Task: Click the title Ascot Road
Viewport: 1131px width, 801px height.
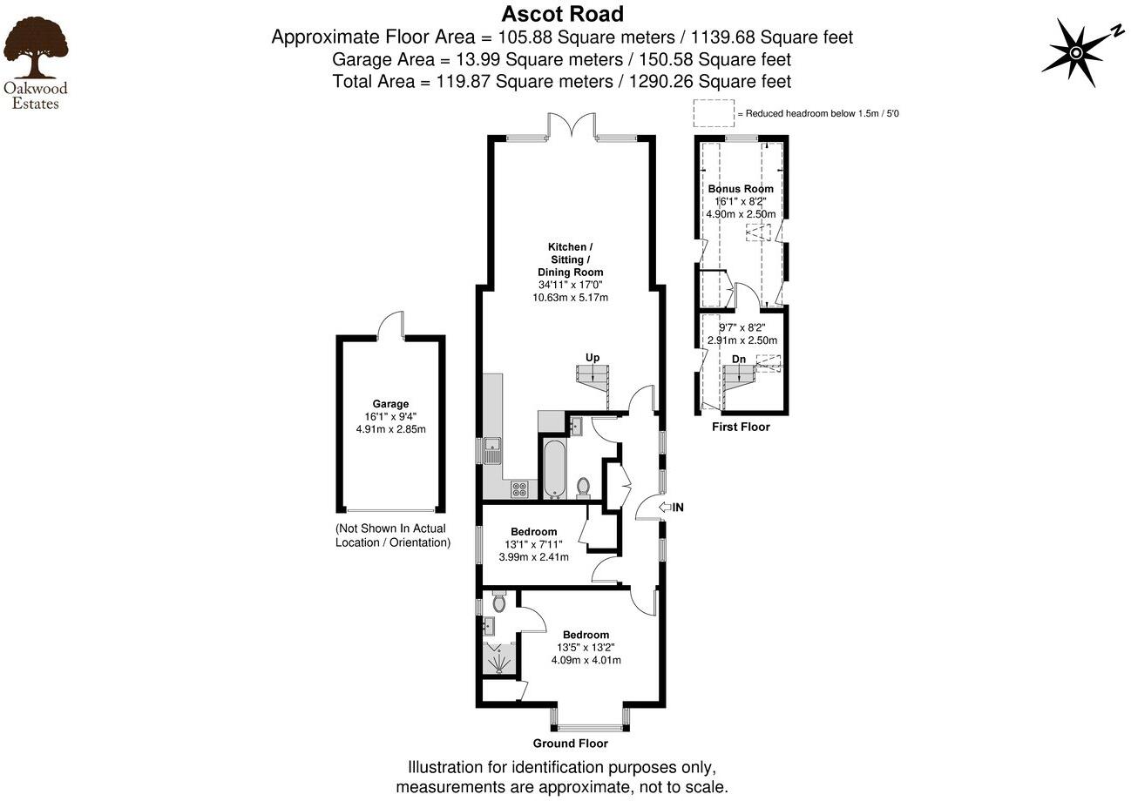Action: [562, 14]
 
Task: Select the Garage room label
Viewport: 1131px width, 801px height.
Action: [390, 404]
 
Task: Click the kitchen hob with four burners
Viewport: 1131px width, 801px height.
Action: [519, 488]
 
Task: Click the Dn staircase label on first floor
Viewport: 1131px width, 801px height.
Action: [738, 359]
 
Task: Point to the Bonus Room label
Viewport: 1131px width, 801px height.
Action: [741, 189]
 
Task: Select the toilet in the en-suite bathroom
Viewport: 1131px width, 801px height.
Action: [499, 602]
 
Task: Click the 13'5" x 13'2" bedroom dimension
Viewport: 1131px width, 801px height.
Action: [586, 648]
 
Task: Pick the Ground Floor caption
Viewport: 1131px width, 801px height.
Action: [570, 744]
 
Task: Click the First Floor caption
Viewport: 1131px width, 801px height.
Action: [741, 427]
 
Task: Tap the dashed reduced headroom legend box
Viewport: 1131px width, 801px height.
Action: [714, 113]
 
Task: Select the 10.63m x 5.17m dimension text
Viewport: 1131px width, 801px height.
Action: [570, 297]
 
